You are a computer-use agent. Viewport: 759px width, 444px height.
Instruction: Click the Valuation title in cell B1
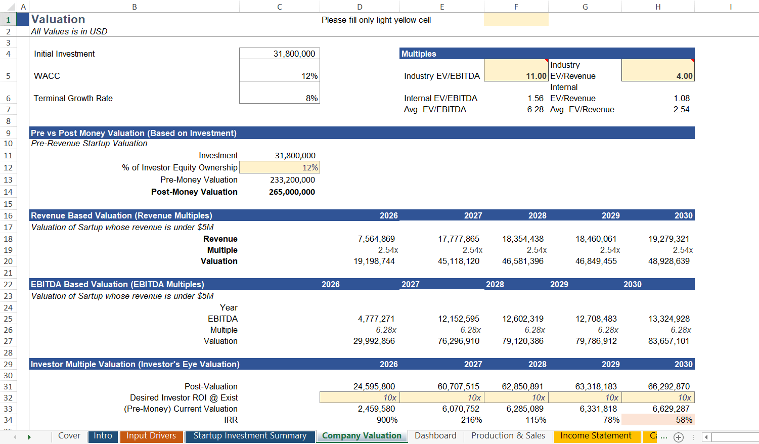[58, 19]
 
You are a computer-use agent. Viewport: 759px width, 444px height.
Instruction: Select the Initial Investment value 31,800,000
[294, 54]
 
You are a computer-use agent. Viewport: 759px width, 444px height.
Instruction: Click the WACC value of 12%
[309, 76]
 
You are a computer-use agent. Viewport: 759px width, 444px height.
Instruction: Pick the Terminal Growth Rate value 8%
[311, 98]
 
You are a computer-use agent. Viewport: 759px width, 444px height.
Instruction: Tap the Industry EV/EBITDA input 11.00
[536, 76]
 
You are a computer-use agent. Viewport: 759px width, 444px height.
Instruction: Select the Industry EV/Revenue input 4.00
[684, 76]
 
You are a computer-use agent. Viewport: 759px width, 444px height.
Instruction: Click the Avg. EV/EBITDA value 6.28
[535, 109]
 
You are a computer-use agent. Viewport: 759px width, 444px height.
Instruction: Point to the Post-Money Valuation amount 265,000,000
[292, 192]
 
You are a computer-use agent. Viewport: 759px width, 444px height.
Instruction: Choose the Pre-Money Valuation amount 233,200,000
[292, 180]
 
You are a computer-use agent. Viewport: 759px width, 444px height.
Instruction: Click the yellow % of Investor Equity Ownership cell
[280, 167]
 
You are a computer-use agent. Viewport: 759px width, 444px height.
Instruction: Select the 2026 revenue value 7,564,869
[376, 239]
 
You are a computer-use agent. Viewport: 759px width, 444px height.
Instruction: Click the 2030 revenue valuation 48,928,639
[668, 261]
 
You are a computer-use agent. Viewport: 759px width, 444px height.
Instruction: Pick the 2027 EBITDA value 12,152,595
[458, 319]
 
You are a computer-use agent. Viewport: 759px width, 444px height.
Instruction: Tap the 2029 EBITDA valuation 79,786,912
[596, 341]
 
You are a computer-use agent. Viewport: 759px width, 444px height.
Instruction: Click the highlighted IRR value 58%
[684, 420]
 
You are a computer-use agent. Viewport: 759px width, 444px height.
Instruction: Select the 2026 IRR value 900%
[387, 420]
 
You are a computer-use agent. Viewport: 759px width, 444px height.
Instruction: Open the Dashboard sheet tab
[435, 436]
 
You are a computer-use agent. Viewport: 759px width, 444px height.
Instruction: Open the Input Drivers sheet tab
[151, 436]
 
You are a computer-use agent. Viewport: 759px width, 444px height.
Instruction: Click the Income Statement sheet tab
[596, 436]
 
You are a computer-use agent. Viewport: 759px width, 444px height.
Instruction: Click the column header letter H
[658, 7]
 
